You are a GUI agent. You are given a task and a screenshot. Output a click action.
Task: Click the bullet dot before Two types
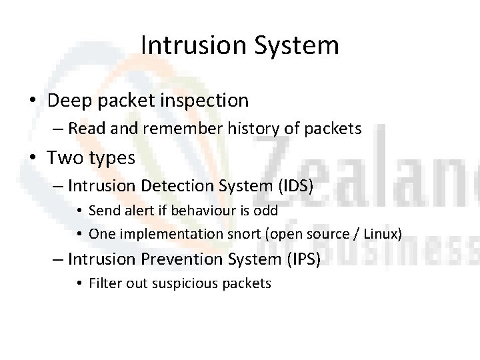click(33, 159)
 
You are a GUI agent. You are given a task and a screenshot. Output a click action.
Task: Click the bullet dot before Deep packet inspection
click(33, 101)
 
